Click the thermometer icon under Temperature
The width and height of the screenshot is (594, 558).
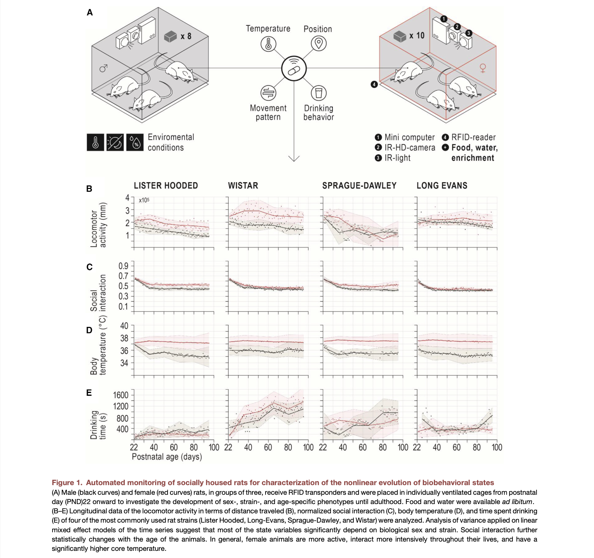point(268,44)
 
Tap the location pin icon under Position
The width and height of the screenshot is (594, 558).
point(318,44)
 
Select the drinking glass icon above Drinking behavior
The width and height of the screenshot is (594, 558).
point(318,93)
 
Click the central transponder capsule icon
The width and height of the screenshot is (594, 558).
point(294,69)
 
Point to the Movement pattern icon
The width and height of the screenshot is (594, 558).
point(268,93)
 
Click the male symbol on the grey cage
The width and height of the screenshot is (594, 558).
point(104,68)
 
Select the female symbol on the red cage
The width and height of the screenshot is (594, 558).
point(483,68)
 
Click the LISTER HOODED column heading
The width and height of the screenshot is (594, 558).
point(166,186)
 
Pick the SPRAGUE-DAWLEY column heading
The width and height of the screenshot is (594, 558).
point(359,186)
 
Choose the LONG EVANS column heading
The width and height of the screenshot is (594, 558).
point(442,186)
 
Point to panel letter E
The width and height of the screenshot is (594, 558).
point(89,393)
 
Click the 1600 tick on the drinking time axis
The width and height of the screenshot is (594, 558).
point(121,395)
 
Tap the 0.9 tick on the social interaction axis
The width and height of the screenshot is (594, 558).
point(123,266)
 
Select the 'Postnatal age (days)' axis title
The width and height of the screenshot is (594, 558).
point(167,457)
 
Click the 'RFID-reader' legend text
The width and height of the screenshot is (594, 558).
point(473,138)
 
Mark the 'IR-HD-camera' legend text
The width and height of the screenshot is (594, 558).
point(410,148)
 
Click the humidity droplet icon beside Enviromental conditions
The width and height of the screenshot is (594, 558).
point(135,143)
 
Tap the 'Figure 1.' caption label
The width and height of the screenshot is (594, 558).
point(67,483)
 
